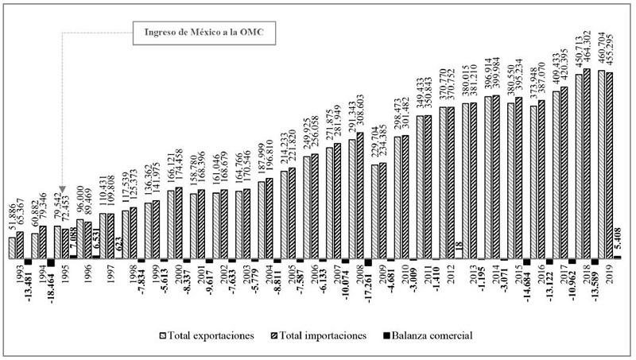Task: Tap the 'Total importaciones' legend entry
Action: (326, 335)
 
